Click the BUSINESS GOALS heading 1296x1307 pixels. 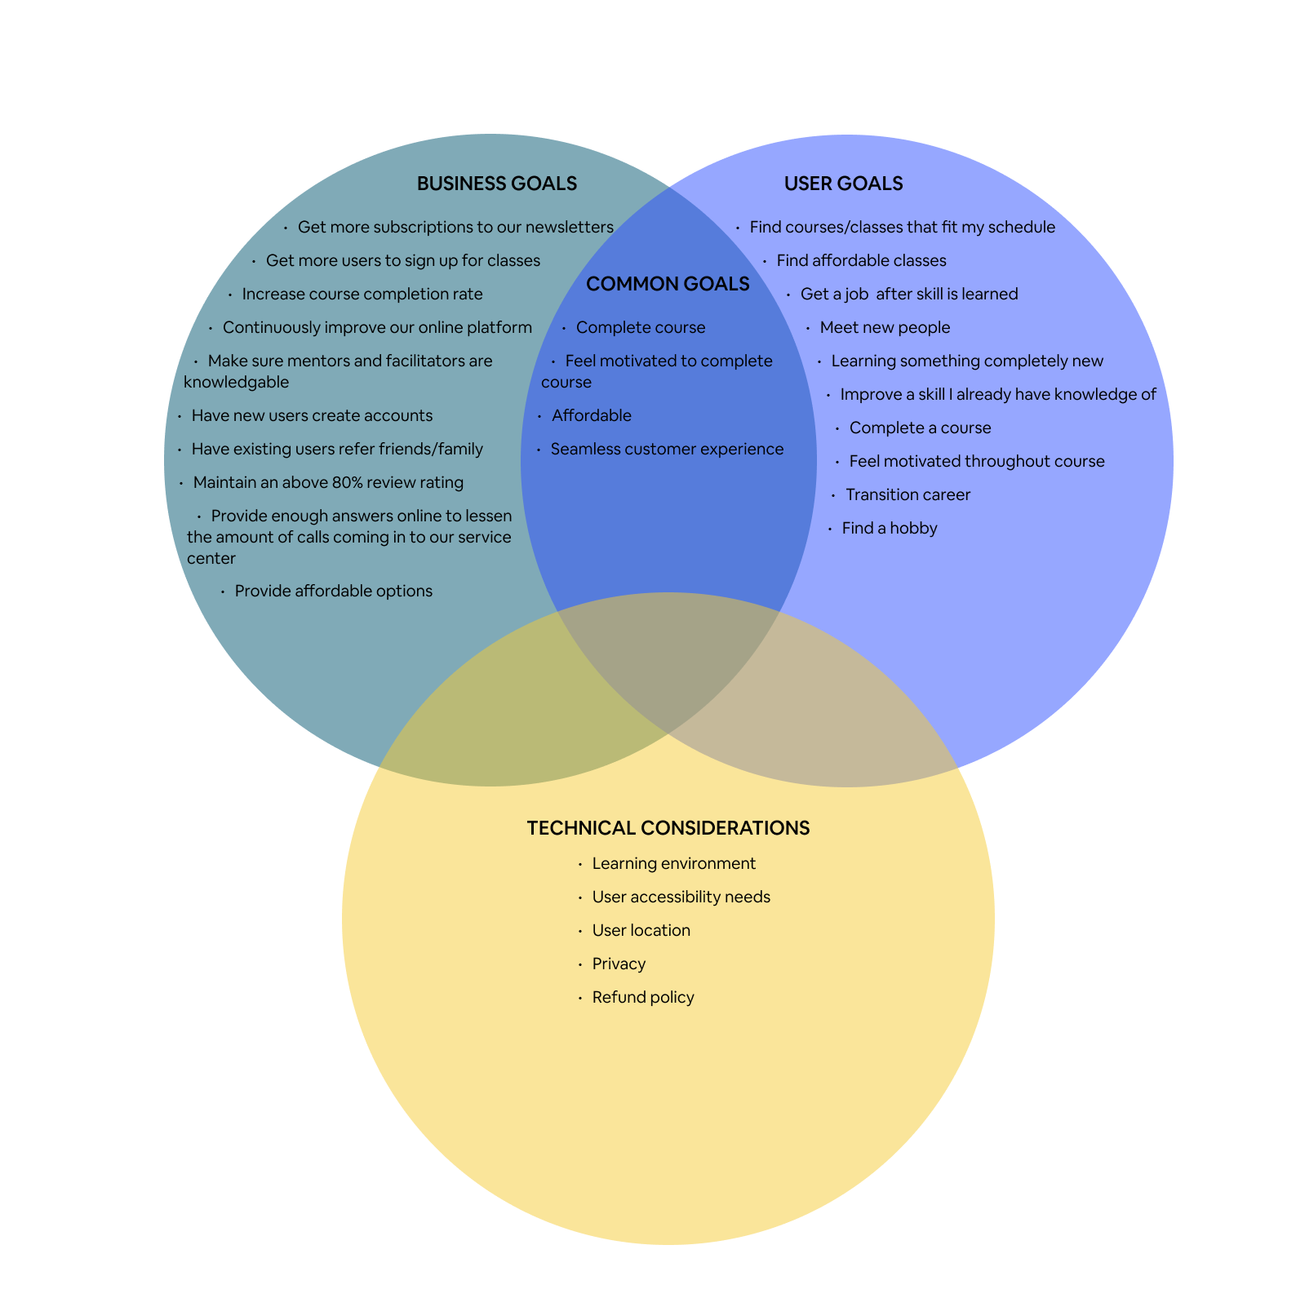[x=496, y=184]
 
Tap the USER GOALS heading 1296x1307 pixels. [x=843, y=184]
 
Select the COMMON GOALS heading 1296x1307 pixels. [x=668, y=284]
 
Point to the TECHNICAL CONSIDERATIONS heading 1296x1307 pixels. [x=668, y=828]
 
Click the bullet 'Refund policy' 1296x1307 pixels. [x=643, y=997]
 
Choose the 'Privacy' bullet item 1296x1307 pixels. [x=619, y=964]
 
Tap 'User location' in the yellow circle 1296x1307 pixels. [x=641, y=930]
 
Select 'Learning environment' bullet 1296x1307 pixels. [x=673, y=863]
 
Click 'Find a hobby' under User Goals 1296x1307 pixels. [x=889, y=528]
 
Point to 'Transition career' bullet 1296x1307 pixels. [x=908, y=494]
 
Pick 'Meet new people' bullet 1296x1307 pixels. [x=885, y=327]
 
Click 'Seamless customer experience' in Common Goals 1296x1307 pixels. [x=666, y=449]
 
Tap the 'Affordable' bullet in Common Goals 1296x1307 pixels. [x=591, y=415]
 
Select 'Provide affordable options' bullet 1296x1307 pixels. [x=333, y=591]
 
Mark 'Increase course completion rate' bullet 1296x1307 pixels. [x=362, y=294]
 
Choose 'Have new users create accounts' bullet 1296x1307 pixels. [x=312, y=415]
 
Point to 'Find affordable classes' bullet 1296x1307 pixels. [x=861, y=260]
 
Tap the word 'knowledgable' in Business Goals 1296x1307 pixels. [x=236, y=382]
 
